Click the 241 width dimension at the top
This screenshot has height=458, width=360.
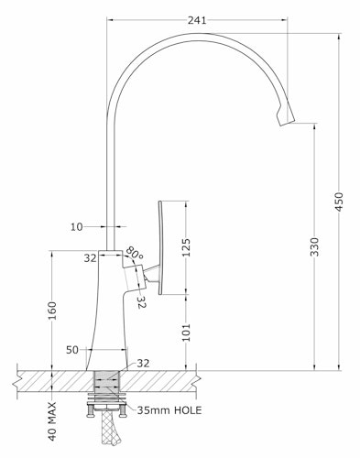click(197, 20)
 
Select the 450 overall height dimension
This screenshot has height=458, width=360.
click(339, 202)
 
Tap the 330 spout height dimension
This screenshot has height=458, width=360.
click(314, 246)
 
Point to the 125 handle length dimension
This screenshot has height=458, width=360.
click(186, 247)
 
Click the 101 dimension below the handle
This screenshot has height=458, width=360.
click(186, 333)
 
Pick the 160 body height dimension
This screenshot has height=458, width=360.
click(52, 311)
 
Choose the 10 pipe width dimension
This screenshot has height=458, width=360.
click(77, 227)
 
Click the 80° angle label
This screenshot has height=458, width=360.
click(135, 253)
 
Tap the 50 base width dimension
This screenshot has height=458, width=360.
click(72, 350)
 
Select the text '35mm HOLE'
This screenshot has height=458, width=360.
click(169, 410)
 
